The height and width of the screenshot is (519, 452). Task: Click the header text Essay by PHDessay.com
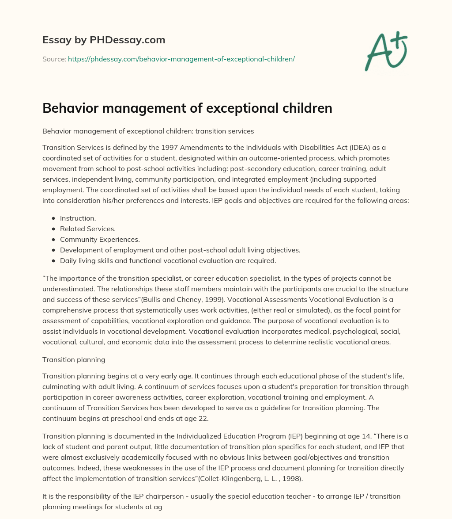coord(104,40)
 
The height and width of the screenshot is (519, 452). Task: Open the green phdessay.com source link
coord(181,59)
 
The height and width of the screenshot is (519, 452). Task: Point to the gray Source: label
coord(54,59)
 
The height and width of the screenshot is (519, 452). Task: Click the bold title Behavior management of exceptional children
coord(187,108)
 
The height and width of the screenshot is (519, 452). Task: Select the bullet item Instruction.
coord(78,218)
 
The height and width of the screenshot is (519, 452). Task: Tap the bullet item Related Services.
coord(88,229)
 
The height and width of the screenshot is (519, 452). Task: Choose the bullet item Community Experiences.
coord(100,240)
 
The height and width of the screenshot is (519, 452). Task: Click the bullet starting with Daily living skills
coord(168,261)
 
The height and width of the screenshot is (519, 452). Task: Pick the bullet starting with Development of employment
coord(180,250)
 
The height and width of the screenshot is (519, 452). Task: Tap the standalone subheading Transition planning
coord(74,359)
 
